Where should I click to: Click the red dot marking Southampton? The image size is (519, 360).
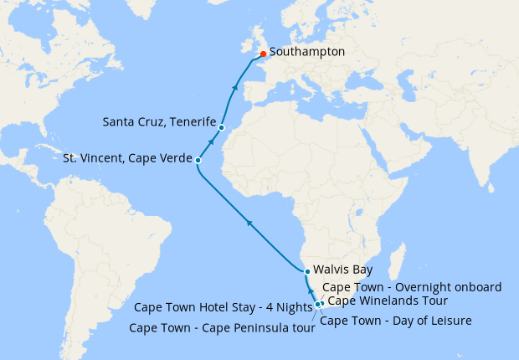point(263,54)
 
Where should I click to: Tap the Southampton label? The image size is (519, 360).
point(307,52)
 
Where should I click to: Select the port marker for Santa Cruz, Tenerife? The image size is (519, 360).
point(221,127)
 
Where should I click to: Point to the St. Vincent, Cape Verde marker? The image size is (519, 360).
point(198,159)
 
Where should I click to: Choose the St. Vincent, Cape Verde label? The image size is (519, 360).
point(128,158)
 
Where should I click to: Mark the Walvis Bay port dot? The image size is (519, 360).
point(307,271)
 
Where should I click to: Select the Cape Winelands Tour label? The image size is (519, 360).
point(387,301)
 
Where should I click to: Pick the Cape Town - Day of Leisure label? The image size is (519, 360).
point(396,320)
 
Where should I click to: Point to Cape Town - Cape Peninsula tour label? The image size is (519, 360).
point(222,327)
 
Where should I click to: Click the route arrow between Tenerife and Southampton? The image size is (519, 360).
point(236,87)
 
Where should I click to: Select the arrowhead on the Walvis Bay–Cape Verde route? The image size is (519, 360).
point(248,222)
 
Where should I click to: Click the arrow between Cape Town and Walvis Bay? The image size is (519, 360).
point(311,285)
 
